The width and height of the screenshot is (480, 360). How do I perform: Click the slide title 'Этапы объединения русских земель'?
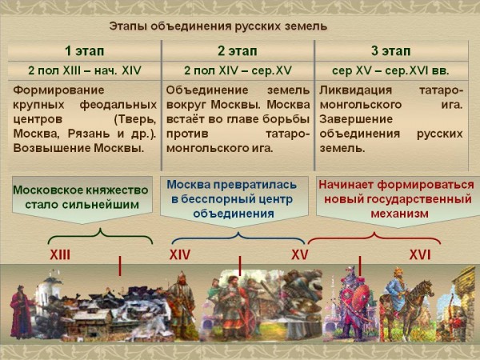(218, 26)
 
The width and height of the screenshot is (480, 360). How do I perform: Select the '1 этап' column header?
(85, 51)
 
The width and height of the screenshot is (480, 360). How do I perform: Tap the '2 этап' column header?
(238, 51)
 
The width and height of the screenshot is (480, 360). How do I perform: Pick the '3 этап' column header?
(391, 51)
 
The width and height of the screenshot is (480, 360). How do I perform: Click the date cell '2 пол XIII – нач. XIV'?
(85, 70)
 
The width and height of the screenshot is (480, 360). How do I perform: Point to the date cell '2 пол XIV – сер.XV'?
(238, 70)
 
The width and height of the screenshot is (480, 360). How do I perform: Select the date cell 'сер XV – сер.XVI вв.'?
(390, 70)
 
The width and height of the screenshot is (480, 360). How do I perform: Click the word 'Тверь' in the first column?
(135, 119)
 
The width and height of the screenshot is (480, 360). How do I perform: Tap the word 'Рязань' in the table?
(90, 134)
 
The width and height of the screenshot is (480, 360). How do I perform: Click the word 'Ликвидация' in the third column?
(356, 90)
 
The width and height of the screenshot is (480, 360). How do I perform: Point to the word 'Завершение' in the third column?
(356, 119)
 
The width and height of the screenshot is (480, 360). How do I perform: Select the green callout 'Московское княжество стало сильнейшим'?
(82, 198)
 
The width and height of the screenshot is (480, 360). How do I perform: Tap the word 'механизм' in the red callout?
(399, 214)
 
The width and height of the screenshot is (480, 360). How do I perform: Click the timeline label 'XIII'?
(60, 254)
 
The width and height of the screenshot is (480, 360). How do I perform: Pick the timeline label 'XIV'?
(180, 254)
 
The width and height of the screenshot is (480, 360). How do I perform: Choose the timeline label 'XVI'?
(420, 254)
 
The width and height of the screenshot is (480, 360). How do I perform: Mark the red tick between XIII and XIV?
(120, 266)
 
